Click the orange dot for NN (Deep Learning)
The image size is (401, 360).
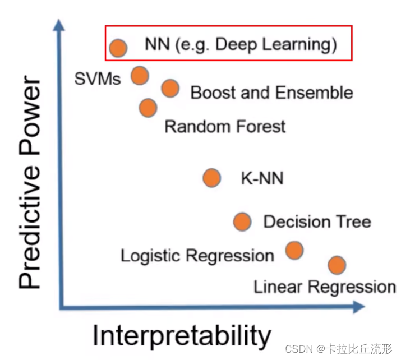[x=118, y=48]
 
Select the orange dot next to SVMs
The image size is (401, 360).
[x=140, y=75]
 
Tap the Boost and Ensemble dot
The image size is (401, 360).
[x=170, y=88]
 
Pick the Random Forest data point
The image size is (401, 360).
[x=148, y=107]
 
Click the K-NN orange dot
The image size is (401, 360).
[x=211, y=178]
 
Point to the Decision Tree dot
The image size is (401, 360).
[x=242, y=221]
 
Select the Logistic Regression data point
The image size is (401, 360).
[x=294, y=250]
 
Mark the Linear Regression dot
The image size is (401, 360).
[x=336, y=265]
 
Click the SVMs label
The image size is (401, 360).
[x=97, y=79]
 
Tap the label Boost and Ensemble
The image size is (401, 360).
[x=272, y=93]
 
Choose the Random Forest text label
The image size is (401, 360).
[x=225, y=126]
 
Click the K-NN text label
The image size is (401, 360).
[x=262, y=179]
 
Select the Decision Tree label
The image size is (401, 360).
[x=317, y=222]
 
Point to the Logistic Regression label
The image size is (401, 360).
[x=197, y=256]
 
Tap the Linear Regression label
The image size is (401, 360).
[x=324, y=288]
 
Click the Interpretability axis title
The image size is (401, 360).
[x=181, y=336]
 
